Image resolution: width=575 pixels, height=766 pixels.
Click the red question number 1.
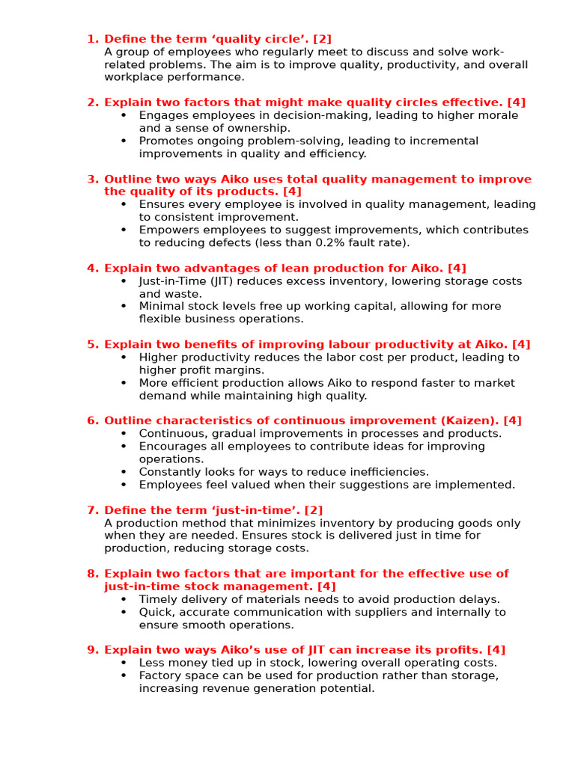91,39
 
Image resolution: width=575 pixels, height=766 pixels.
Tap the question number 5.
91,344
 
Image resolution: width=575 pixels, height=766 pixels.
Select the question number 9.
91,650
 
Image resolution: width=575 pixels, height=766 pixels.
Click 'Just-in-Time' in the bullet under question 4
172,281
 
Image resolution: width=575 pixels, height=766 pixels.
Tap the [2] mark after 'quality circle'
323,39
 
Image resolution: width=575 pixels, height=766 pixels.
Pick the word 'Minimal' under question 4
160,306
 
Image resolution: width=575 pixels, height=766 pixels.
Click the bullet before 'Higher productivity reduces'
124,358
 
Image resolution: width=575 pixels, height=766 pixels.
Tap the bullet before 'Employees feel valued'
124,485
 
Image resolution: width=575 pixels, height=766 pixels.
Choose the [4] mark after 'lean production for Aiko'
457,268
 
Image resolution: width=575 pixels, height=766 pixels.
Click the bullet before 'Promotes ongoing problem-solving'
124,141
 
